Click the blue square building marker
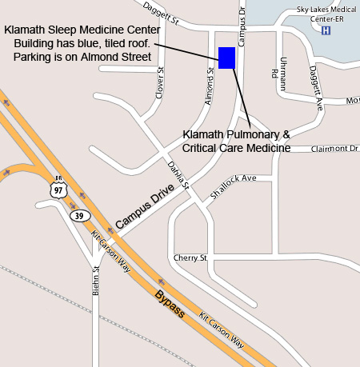[x=226, y=58]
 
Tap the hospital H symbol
[x=326, y=30]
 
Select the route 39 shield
[x=78, y=216]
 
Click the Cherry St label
[x=190, y=258]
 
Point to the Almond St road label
[x=210, y=86]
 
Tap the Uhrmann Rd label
[x=279, y=68]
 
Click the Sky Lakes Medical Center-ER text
[x=325, y=14]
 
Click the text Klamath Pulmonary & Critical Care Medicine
[x=236, y=142]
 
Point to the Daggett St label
[x=160, y=12]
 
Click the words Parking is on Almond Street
[x=83, y=57]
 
